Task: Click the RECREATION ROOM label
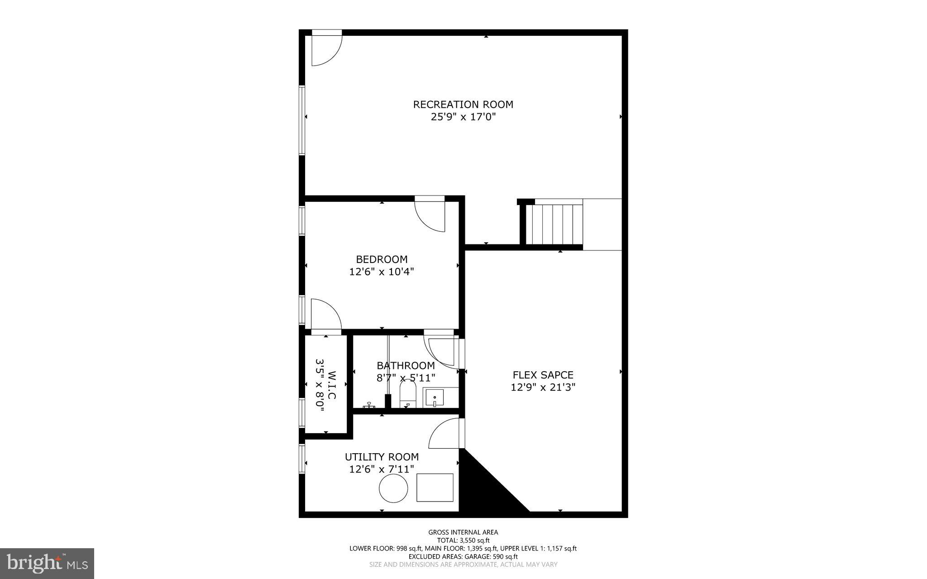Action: (x=463, y=105)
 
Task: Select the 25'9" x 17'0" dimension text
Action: (x=463, y=117)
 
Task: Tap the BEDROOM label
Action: (x=382, y=259)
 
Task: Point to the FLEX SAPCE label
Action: (x=543, y=375)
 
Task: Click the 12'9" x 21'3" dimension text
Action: (x=543, y=388)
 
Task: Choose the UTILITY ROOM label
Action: (x=382, y=457)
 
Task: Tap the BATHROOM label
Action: (x=406, y=365)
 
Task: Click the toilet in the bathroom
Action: (x=407, y=393)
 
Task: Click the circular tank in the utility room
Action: (x=393, y=488)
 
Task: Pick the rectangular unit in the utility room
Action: (x=435, y=488)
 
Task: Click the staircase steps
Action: (x=556, y=224)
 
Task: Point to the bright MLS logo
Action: (x=47, y=563)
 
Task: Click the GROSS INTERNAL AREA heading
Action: (x=463, y=532)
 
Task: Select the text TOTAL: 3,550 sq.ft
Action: (x=463, y=540)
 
